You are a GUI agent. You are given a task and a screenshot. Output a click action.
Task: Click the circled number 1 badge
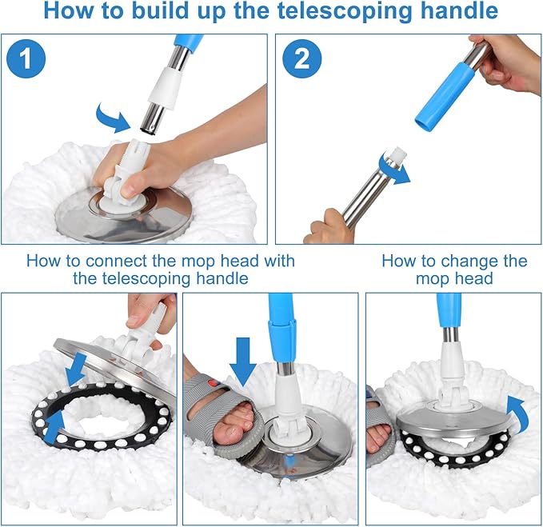26,58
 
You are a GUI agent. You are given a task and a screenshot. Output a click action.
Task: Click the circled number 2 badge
302,58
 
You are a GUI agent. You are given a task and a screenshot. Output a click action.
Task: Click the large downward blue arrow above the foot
243,361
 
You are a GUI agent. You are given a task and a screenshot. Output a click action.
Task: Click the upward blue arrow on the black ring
56,427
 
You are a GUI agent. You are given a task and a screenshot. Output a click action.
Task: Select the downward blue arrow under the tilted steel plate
76,369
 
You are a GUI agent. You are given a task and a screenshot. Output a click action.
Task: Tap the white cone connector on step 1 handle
165,86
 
